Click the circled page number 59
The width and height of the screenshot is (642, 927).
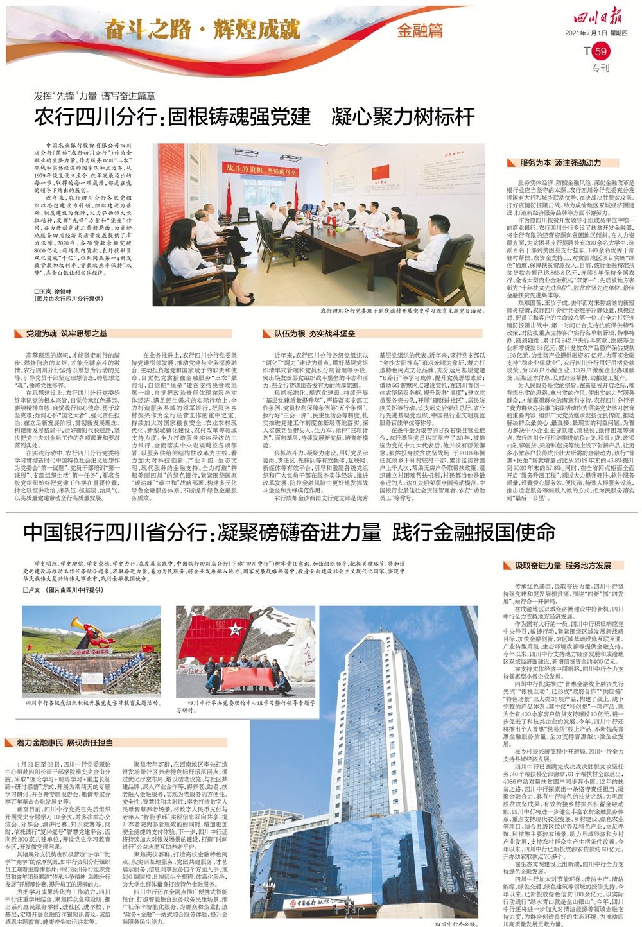600,51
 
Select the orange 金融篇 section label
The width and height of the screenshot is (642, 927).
420,30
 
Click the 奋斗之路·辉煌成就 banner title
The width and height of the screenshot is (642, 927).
203,28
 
